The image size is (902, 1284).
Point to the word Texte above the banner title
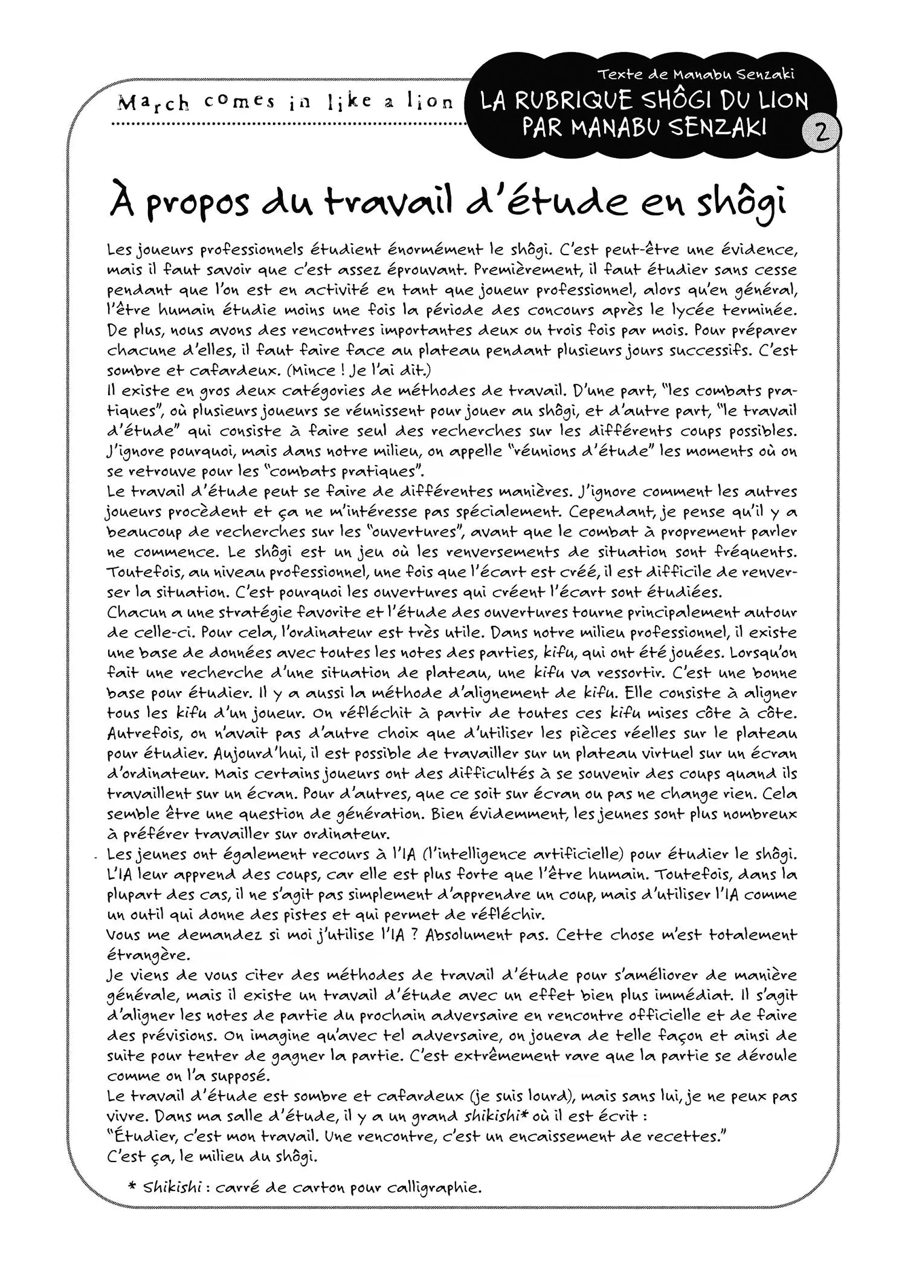(x=617, y=74)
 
